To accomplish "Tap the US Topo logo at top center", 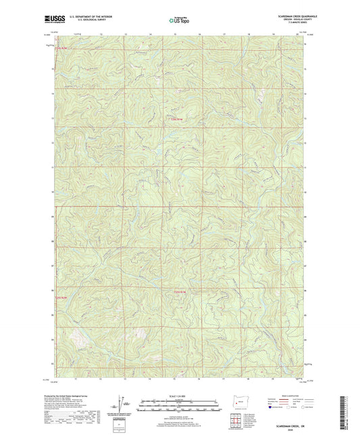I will click(178, 20).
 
